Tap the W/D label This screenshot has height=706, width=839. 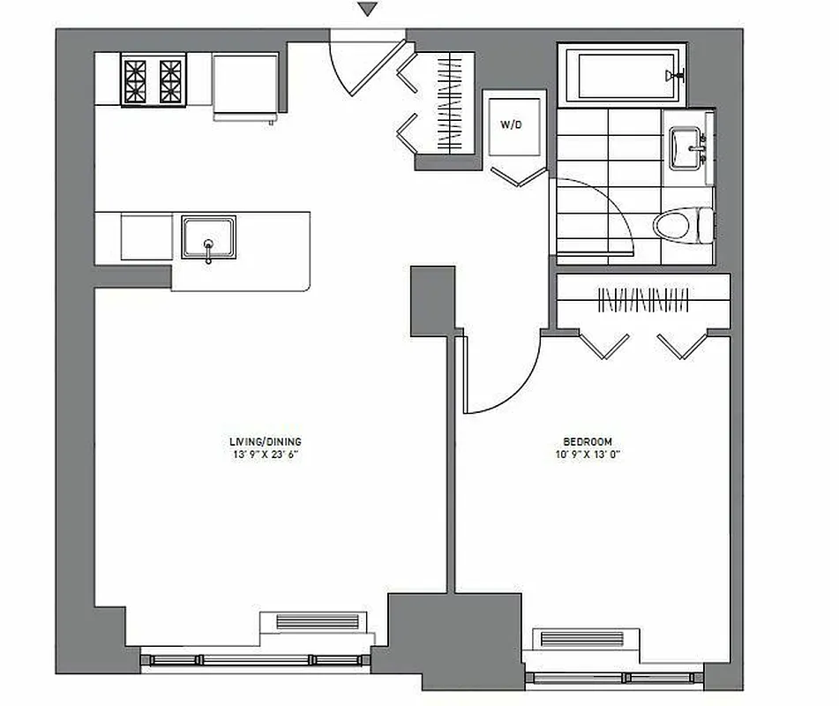(x=512, y=124)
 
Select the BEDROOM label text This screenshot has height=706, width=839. (x=588, y=442)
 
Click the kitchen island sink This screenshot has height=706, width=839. (x=209, y=237)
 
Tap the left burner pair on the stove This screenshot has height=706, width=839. (x=138, y=80)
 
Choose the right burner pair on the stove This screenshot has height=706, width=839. (x=170, y=80)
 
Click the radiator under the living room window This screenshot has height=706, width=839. (x=318, y=621)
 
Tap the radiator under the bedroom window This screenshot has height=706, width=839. (x=581, y=638)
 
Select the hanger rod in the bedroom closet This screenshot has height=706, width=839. (x=644, y=299)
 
